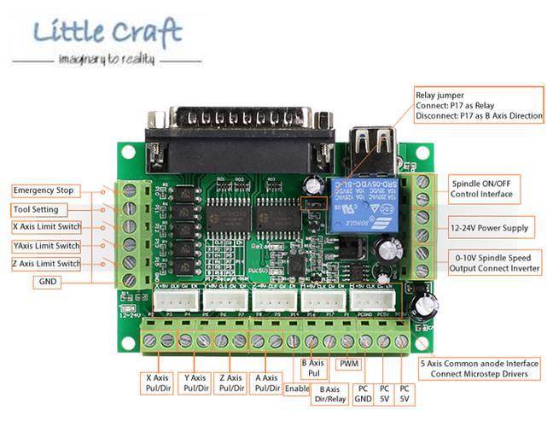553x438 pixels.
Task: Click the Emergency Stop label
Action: point(45,190)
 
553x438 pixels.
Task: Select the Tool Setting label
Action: point(38,209)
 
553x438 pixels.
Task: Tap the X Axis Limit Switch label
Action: point(47,227)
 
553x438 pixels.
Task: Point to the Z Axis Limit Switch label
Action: point(47,264)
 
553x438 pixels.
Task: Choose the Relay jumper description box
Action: point(478,105)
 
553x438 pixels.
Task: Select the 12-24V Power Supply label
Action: point(490,228)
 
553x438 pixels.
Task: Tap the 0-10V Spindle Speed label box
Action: point(494,263)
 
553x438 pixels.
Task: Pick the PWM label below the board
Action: point(349,364)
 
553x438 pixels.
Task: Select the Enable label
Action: point(296,388)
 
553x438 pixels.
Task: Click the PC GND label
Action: point(363,394)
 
